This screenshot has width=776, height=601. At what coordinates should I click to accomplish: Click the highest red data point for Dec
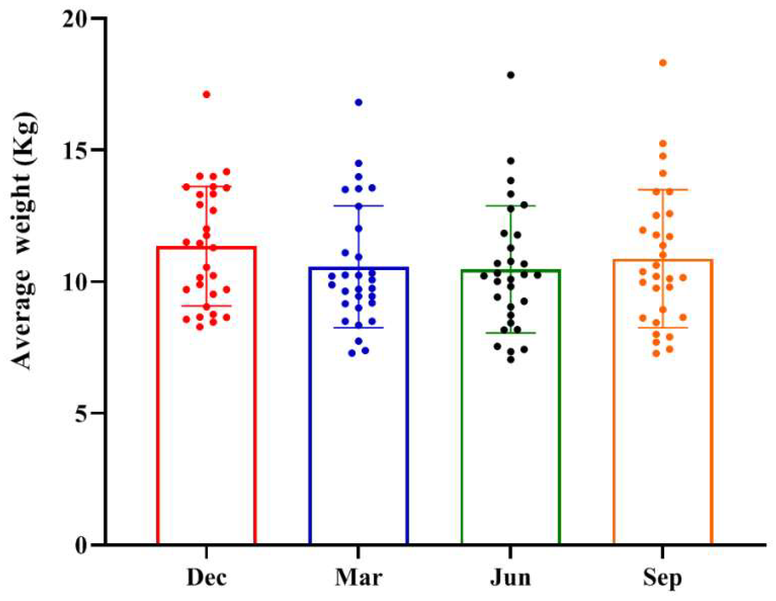pos(206,95)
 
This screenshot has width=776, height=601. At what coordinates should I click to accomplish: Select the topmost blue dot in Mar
pos(359,102)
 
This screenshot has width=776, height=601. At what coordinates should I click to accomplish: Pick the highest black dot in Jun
pos(511,75)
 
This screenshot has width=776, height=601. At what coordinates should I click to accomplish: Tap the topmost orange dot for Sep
pos(663,63)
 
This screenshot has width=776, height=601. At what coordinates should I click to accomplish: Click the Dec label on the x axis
pos(206,577)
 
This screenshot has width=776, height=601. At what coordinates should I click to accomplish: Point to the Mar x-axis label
pos(359,577)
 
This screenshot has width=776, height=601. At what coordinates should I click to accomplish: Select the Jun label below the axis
pos(511,577)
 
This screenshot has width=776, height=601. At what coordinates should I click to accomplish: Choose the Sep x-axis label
pos(663,578)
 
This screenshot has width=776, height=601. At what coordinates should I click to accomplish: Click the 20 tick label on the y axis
pos(75,19)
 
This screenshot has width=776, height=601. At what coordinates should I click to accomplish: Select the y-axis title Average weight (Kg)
pos(24,240)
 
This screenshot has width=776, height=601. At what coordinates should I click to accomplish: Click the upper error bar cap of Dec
pos(206,186)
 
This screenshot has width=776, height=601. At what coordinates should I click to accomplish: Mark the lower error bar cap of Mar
pos(359,328)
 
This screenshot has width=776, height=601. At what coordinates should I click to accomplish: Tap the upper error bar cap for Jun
pos(511,206)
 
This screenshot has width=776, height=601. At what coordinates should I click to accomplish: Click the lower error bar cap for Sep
pos(663,328)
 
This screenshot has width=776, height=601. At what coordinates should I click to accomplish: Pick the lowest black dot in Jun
pos(511,359)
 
